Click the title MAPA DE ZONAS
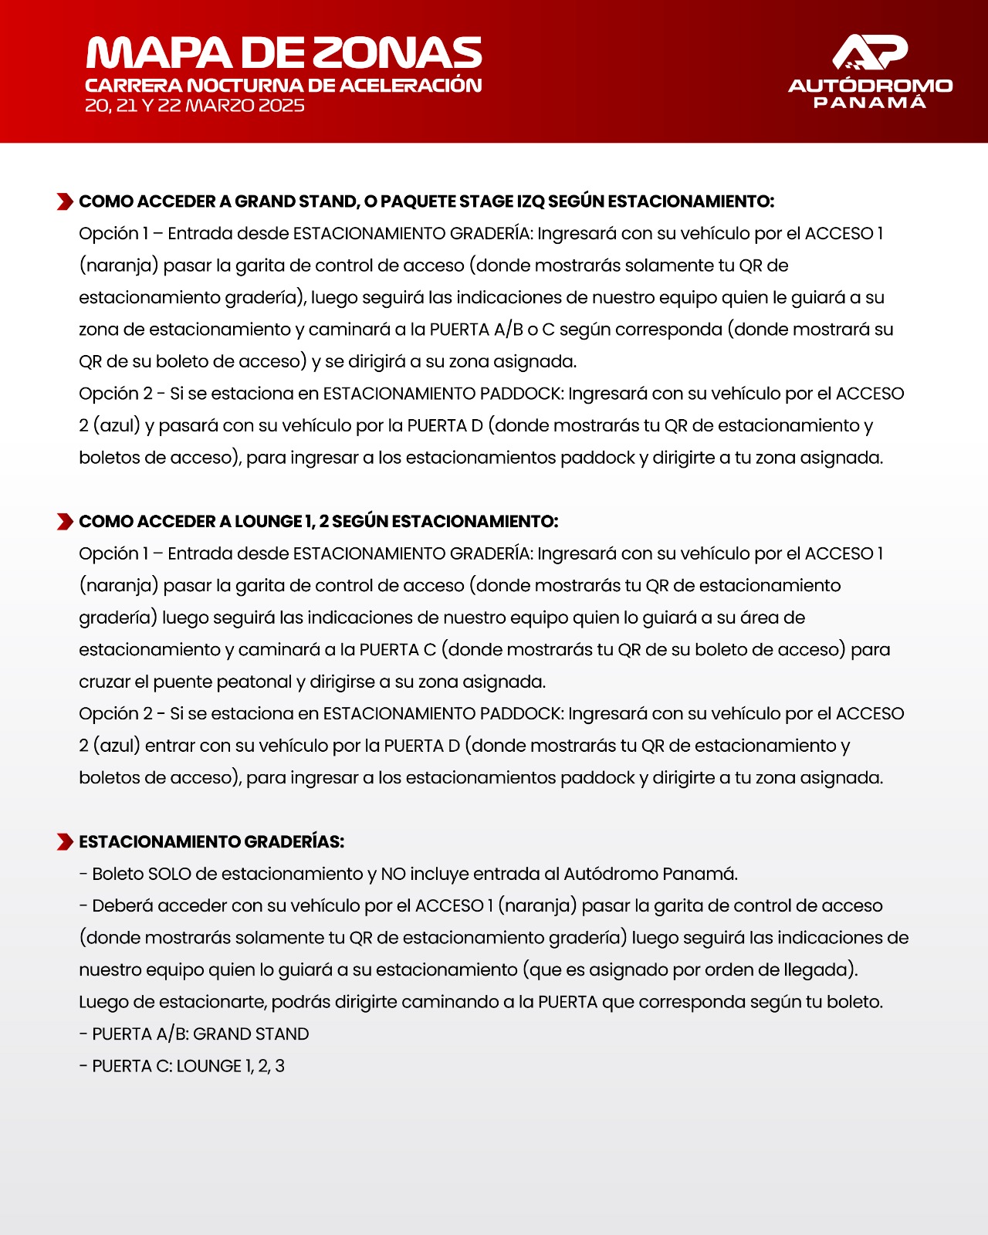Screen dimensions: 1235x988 tap(284, 52)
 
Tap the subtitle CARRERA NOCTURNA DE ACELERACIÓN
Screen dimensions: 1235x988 tap(283, 85)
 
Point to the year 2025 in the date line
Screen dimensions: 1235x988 tap(281, 106)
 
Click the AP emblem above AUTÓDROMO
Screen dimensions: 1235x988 tap(870, 52)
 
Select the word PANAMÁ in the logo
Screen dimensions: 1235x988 tap(870, 102)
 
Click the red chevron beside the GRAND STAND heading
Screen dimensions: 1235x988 tap(65, 202)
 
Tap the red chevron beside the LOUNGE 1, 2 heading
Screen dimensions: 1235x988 tap(65, 522)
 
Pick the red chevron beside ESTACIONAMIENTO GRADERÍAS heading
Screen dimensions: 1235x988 tap(65, 842)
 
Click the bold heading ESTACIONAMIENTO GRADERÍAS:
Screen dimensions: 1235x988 tap(211, 842)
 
